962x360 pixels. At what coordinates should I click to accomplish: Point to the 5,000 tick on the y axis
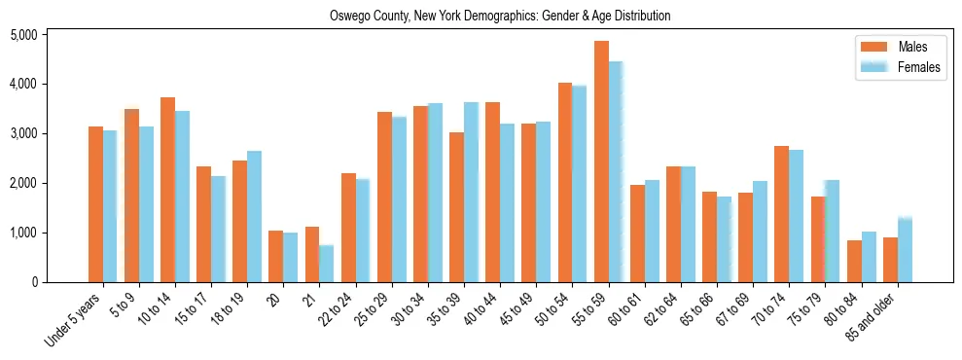(x=22, y=35)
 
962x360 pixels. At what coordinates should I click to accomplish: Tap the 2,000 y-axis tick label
(x=22, y=184)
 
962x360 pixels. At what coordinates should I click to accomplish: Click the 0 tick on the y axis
(x=33, y=283)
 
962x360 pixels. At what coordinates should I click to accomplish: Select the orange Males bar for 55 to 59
(x=601, y=162)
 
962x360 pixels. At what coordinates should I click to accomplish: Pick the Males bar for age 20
(x=275, y=257)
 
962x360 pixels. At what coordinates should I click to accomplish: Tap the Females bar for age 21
(x=327, y=264)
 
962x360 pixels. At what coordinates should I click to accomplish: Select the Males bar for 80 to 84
(x=854, y=261)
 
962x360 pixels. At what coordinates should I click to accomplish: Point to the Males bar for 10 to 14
(x=167, y=190)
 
